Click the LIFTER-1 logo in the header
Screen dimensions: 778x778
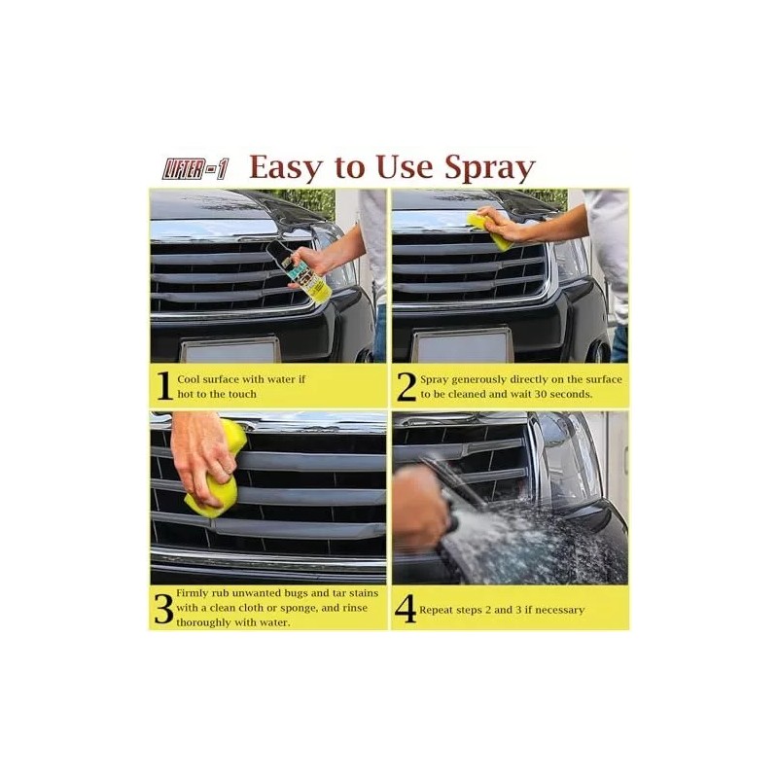click(194, 167)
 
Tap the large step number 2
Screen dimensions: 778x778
click(406, 386)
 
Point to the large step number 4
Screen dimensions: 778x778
click(406, 609)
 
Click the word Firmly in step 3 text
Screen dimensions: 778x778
click(195, 592)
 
